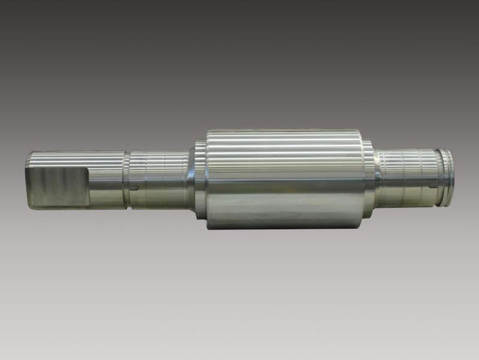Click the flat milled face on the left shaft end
tap(56, 186)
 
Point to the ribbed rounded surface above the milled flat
tap(75, 159)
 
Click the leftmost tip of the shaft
tap(26, 180)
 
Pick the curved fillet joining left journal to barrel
tap(189, 178)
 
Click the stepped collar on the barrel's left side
tap(201, 178)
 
